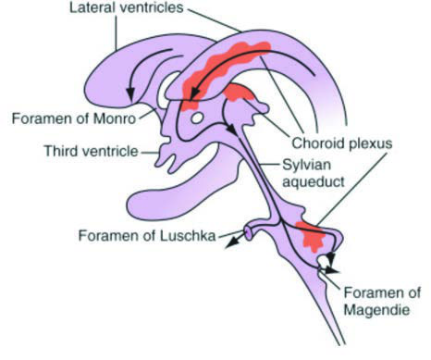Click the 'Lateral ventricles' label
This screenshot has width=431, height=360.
point(127,8)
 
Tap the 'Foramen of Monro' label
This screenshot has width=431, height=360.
point(74,118)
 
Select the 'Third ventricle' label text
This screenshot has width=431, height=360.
point(92,151)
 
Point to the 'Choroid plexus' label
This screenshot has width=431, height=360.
point(342,143)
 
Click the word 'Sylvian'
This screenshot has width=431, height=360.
point(307,166)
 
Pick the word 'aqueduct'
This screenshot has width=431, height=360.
point(314,181)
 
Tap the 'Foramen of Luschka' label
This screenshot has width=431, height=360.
point(147,236)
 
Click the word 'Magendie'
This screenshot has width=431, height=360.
point(376,309)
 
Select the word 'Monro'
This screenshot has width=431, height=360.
point(115,118)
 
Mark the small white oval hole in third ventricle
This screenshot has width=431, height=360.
point(197,118)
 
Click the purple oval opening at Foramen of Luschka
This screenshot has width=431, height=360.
point(249,233)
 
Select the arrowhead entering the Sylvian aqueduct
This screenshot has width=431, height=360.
point(232,130)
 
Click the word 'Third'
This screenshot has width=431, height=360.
point(60,151)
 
